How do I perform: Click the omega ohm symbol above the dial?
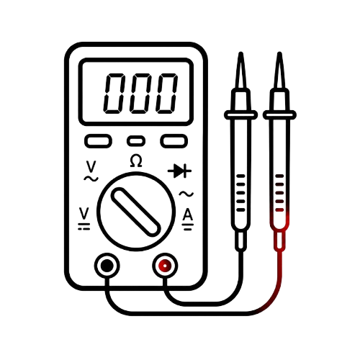pyautogui.click(x=136, y=161)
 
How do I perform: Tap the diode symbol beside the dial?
pyautogui.click(x=179, y=171)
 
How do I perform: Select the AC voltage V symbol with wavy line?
pyautogui.click(x=91, y=171)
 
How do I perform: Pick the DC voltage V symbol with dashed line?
pyautogui.click(x=84, y=219)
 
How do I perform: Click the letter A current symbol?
pyautogui.click(x=188, y=220)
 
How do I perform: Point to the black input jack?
pyautogui.click(x=107, y=266)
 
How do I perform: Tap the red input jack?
pyautogui.click(x=165, y=266)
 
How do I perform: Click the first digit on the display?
pyautogui.click(x=114, y=94)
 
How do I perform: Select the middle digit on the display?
pyautogui.click(x=140, y=94)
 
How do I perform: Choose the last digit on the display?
pyautogui.click(x=167, y=94)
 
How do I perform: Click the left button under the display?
pyautogui.click(x=98, y=141)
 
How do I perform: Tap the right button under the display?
pyautogui.click(x=174, y=141)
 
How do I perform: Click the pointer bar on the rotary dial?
pyautogui.click(x=136, y=212)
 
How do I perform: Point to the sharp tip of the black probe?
pyautogui.click(x=240, y=53)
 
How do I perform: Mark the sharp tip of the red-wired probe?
pyautogui.click(x=279, y=53)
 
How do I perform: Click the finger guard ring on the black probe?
pyautogui.click(x=240, y=115)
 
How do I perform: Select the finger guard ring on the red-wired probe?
pyautogui.click(x=279, y=115)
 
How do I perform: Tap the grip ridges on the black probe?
pyautogui.click(x=240, y=193)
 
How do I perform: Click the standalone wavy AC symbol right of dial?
pyautogui.click(x=186, y=194)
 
